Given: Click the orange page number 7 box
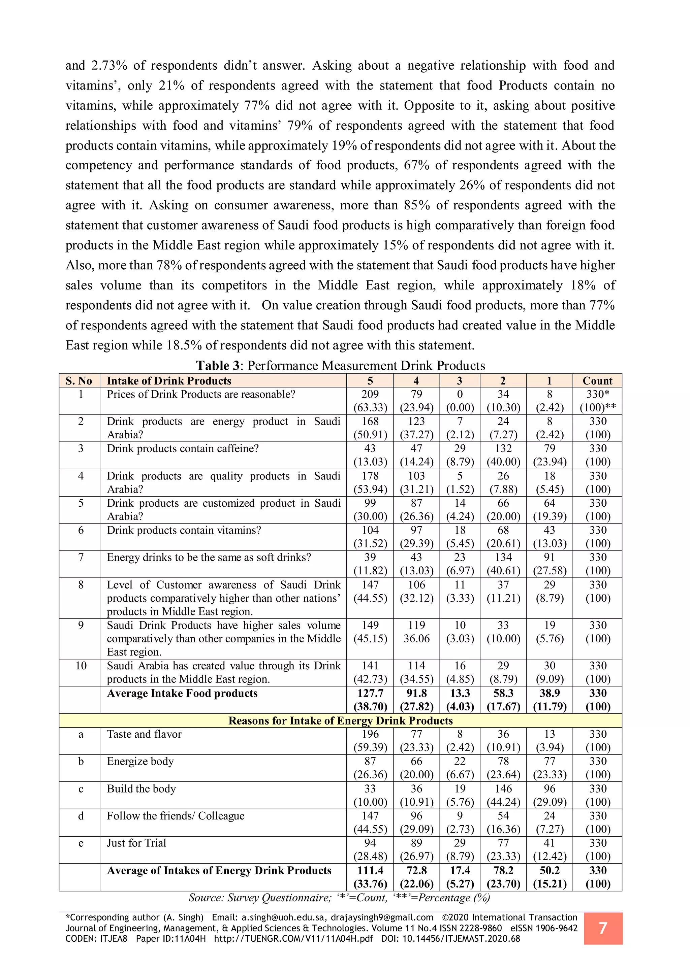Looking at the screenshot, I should pos(602,928).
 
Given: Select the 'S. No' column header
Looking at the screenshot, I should pos(79,381).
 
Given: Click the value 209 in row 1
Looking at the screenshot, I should pos(370,394).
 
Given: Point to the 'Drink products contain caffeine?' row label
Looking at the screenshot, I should pos(183,449).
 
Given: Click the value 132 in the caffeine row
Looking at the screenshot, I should pos(503,449).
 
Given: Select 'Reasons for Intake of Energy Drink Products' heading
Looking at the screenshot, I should pos(340,720).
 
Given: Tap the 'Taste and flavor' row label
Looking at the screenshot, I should pos(144,734).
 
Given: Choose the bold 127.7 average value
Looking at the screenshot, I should pos(370,694).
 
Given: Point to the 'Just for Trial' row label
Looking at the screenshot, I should pos(136,843).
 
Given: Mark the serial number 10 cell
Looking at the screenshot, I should pos(81,666).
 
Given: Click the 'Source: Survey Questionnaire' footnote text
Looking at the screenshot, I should pos(260,898).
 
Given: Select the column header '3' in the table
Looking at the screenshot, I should pos(459,381).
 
